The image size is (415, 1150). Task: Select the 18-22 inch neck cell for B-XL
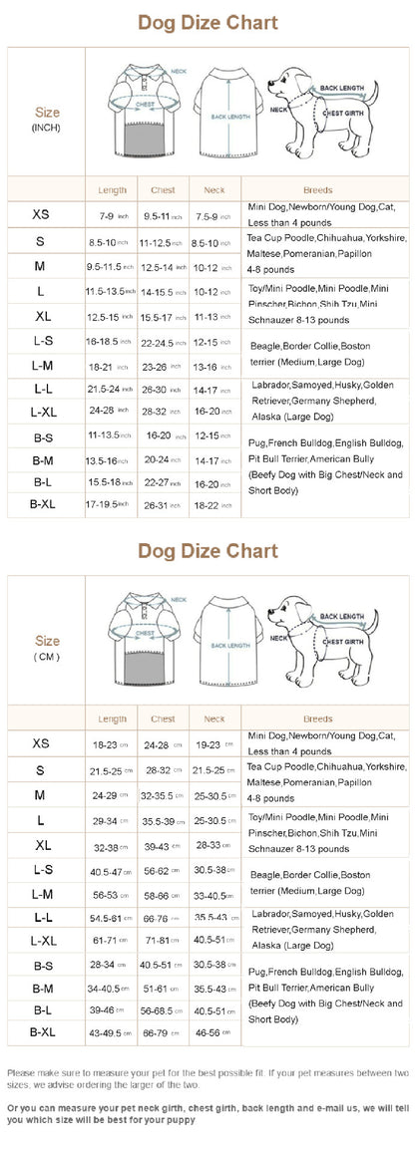(x=212, y=505)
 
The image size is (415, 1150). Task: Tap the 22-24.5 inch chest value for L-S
(x=163, y=343)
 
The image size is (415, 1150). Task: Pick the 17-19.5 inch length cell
(x=110, y=505)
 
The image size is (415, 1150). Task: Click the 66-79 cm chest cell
(x=162, y=1033)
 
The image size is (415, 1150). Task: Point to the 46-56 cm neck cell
(x=212, y=1033)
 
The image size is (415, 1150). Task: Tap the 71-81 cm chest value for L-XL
(x=162, y=940)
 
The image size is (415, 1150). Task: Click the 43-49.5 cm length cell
(x=110, y=1033)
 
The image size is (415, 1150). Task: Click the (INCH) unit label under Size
(x=47, y=128)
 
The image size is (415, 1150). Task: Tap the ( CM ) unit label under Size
(x=47, y=657)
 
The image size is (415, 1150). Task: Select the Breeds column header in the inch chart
(x=317, y=190)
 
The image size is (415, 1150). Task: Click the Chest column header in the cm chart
(x=163, y=719)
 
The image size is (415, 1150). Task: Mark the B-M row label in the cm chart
(x=43, y=988)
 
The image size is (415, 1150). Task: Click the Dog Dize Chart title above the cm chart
(x=207, y=550)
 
